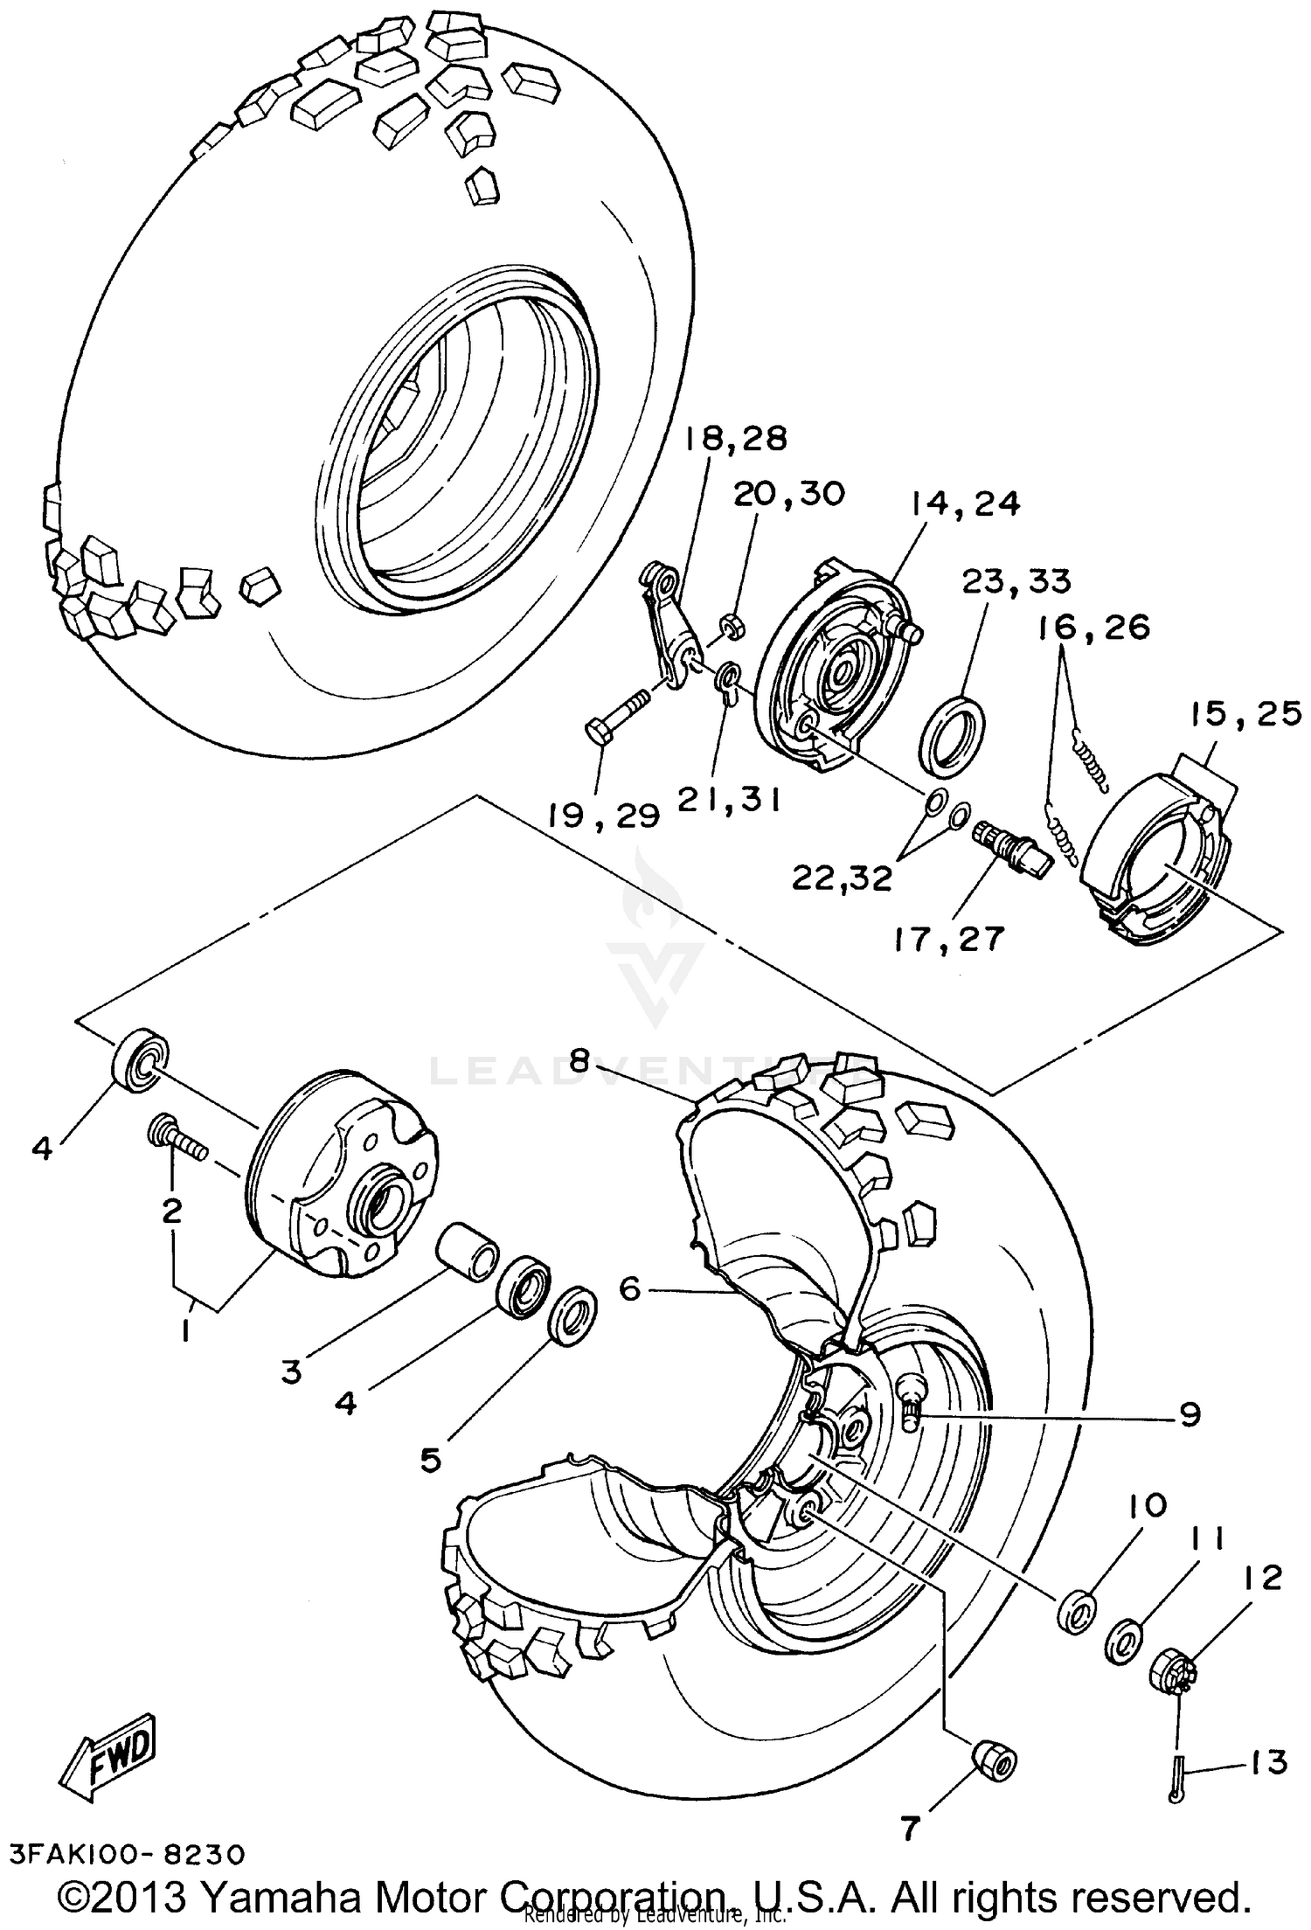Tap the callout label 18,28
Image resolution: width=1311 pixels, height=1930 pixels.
point(735,439)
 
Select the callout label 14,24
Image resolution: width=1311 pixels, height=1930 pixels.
point(964,504)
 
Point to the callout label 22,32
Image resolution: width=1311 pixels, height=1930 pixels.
point(842,877)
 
